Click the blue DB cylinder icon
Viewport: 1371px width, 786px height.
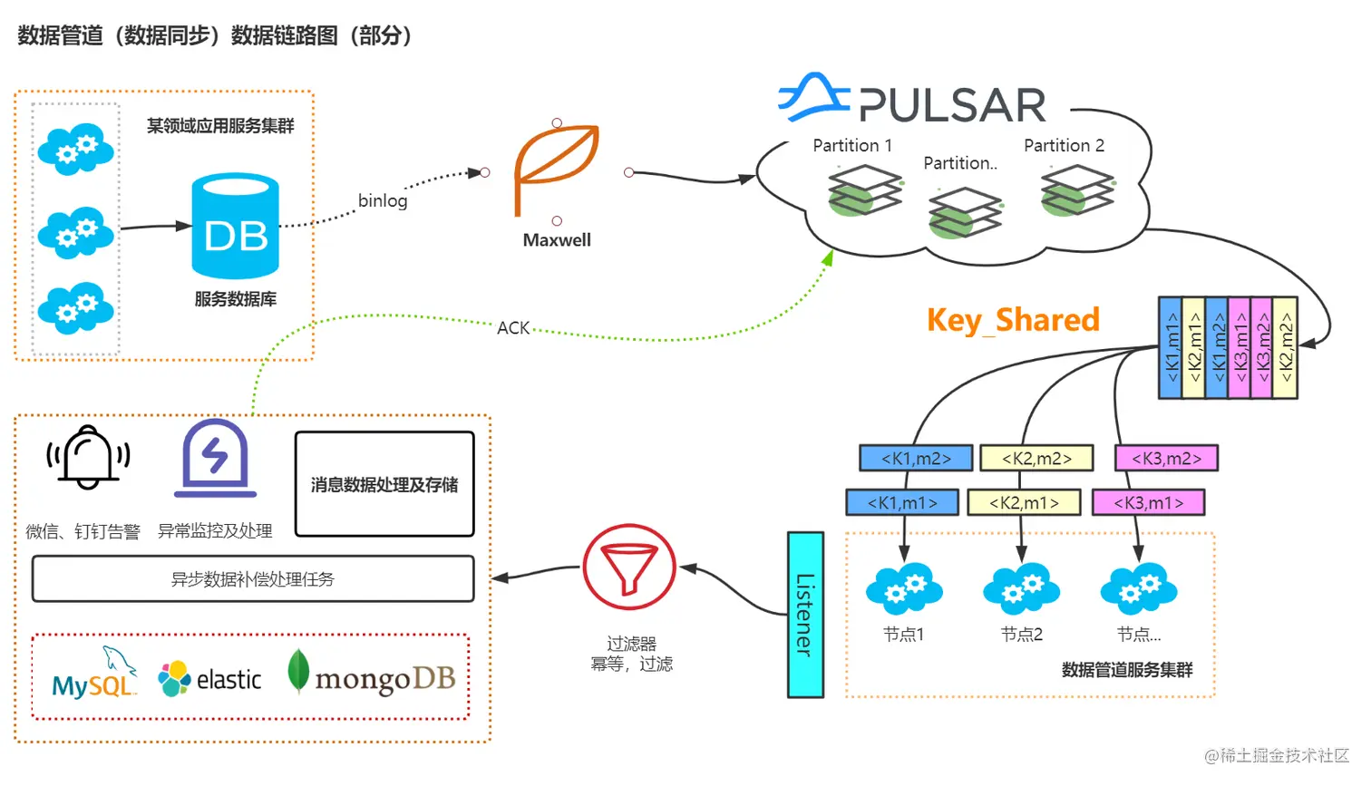click(235, 226)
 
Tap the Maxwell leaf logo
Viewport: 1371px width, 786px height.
click(556, 168)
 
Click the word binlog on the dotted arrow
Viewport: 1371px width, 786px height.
click(383, 200)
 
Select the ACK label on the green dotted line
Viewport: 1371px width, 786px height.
click(513, 328)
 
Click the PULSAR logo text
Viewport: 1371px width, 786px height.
click(952, 106)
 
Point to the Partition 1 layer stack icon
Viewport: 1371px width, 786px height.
click(865, 190)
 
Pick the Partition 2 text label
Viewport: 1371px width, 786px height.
click(1064, 146)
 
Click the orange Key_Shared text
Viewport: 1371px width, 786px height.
click(1013, 320)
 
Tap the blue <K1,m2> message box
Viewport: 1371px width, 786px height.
click(916, 459)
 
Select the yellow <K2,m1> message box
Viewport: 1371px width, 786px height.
click(1024, 502)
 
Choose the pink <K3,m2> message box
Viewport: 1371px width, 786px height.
click(1166, 459)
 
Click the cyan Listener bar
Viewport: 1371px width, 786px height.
click(805, 615)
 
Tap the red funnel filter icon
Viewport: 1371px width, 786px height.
click(629, 568)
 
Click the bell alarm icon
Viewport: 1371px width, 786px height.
click(88, 458)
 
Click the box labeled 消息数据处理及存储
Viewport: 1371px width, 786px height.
click(384, 484)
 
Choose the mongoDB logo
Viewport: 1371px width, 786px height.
click(372, 676)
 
